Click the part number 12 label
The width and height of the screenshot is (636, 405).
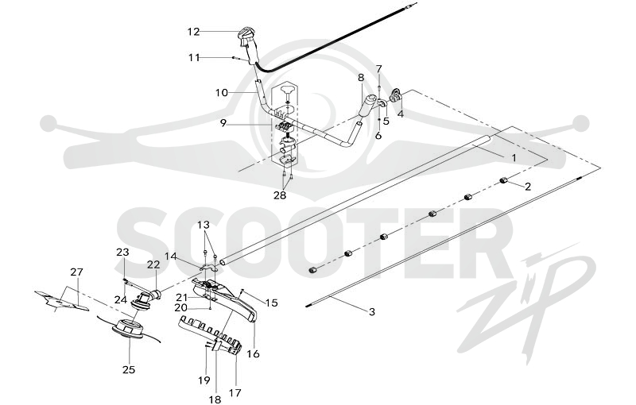click(x=193, y=31)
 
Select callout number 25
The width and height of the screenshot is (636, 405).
click(x=129, y=370)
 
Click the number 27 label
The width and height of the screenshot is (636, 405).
click(x=76, y=272)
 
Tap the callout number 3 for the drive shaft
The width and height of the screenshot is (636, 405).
click(x=371, y=312)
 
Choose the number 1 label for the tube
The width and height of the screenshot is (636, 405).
click(x=514, y=157)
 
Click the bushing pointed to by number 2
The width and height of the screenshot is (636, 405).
click(x=503, y=179)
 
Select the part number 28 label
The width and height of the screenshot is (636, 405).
click(x=280, y=195)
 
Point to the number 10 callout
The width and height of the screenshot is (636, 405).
click(x=222, y=93)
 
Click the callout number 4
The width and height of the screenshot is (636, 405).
click(x=401, y=114)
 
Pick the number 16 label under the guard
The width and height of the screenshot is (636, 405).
click(x=253, y=353)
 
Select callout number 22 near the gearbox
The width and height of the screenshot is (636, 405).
click(x=153, y=264)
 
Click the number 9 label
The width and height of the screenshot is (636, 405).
click(x=223, y=123)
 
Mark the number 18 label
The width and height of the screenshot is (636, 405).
click(x=215, y=399)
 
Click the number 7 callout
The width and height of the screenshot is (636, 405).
click(x=379, y=68)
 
